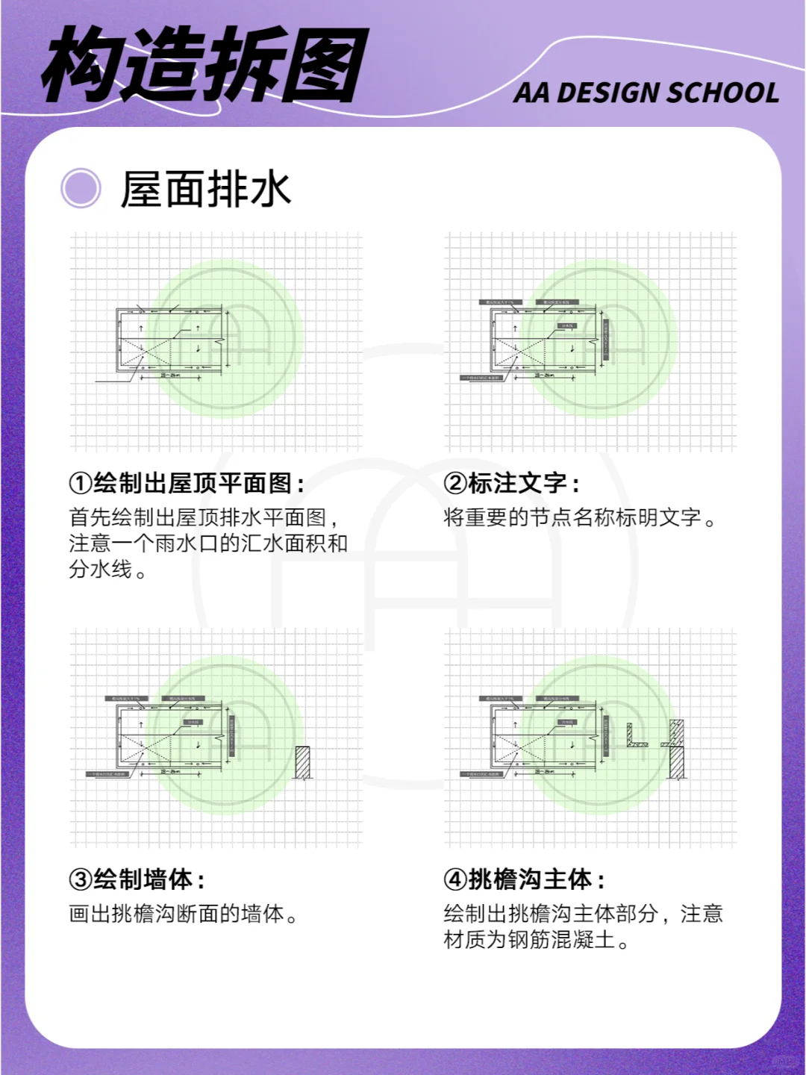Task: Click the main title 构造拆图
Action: click(205, 66)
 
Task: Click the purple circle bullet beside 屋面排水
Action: click(81, 188)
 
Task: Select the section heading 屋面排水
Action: click(205, 189)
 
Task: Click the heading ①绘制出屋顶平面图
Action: click(187, 483)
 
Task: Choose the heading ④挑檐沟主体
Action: click(524, 879)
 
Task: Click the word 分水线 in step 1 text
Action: click(101, 569)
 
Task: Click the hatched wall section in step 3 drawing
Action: click(302, 763)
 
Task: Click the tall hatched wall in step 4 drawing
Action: click(676, 750)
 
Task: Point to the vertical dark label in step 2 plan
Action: click(606, 340)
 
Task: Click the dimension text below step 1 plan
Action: click(169, 376)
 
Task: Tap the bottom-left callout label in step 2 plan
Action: click(481, 378)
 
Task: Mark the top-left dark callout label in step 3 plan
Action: click(125, 699)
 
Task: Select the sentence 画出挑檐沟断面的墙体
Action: click(183, 913)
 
